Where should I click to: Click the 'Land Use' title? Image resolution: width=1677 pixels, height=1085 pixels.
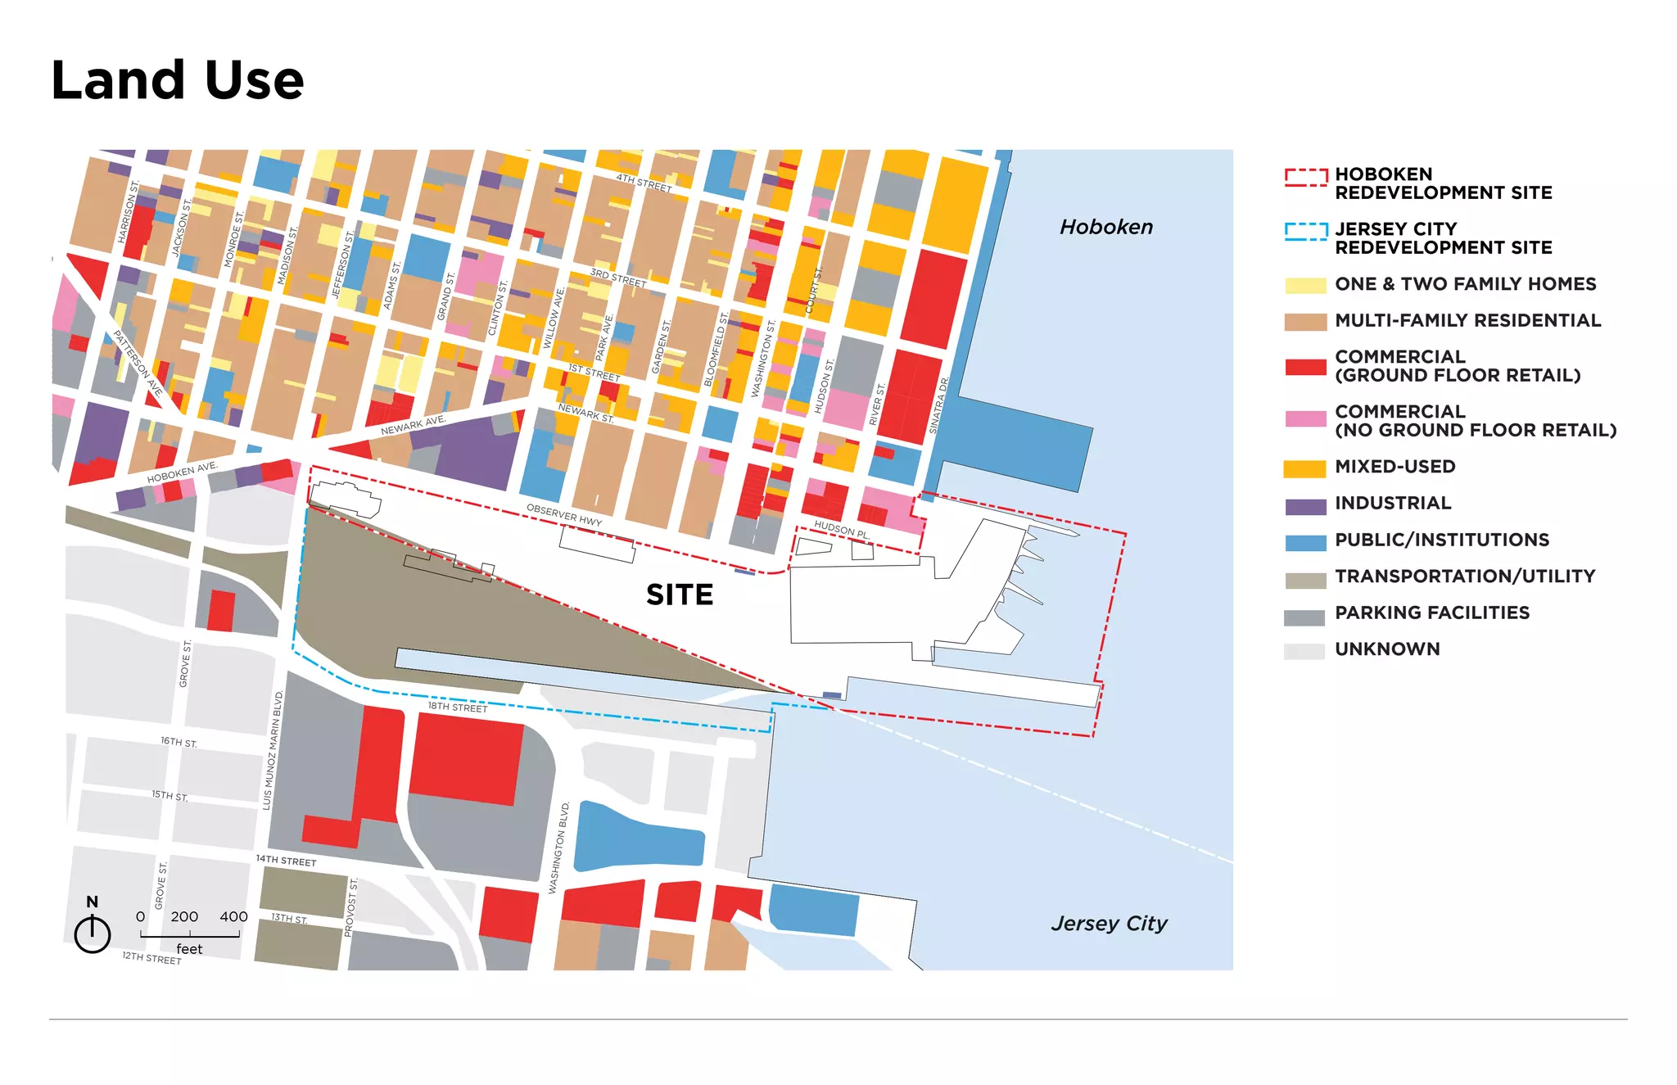tap(177, 80)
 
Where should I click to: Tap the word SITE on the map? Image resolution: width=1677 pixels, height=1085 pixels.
tap(679, 594)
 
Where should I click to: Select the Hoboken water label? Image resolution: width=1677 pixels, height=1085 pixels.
tap(1105, 227)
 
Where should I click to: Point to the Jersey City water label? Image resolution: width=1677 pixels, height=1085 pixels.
tap(1109, 924)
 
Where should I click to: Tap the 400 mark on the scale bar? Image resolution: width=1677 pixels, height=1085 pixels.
tap(233, 917)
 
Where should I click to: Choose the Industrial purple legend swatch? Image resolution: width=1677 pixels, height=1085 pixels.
tap(1304, 505)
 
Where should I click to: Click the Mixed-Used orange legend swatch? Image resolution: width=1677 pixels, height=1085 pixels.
tap(1304, 468)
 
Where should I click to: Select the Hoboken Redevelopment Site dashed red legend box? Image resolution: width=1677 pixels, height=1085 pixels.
tap(1305, 177)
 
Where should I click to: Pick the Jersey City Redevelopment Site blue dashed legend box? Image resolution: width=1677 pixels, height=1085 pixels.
tap(1305, 232)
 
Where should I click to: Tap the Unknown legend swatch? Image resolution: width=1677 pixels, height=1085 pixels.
tap(1304, 651)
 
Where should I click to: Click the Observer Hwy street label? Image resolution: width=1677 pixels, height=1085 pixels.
tap(564, 515)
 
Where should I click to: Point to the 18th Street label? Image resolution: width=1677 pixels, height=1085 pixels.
tap(457, 707)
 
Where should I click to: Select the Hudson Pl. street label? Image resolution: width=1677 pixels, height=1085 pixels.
tap(841, 529)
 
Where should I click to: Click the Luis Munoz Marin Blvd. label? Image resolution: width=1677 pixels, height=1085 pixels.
tap(273, 750)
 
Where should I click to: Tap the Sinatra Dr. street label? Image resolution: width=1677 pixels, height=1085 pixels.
tap(938, 405)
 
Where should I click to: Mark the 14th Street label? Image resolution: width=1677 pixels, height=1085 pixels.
tap(286, 861)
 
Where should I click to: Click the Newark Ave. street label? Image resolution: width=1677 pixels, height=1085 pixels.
tap(413, 425)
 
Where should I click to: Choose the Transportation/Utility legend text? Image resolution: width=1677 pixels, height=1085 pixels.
tap(1464, 576)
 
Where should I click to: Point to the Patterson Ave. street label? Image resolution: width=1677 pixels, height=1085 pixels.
tap(137, 364)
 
